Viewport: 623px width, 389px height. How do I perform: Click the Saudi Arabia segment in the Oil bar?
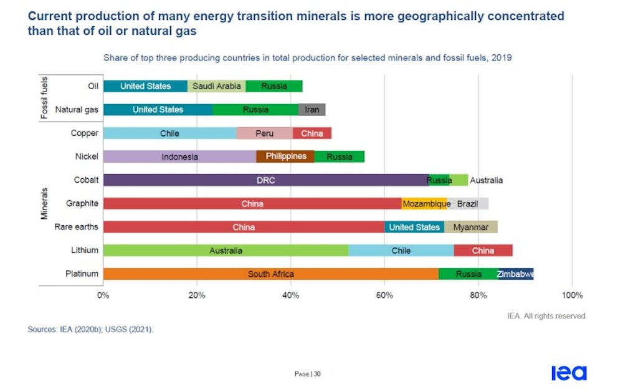tap(216, 86)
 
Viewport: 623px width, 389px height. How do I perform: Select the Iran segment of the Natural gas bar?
tap(311, 110)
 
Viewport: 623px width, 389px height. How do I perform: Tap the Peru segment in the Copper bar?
tap(264, 133)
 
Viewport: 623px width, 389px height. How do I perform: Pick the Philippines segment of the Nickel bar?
tap(285, 156)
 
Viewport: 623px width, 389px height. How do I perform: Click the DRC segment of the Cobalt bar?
tap(265, 180)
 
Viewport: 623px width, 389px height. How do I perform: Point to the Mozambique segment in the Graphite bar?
tap(424, 204)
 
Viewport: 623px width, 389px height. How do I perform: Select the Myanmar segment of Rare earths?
tap(470, 227)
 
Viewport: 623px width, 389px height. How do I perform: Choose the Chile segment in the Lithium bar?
tap(401, 251)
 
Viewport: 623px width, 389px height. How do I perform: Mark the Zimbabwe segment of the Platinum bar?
tap(515, 274)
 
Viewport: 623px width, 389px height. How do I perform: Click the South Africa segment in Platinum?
tap(270, 274)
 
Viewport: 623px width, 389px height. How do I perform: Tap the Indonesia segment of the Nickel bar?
tap(179, 156)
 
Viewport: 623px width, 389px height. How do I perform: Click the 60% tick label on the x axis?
tap(384, 295)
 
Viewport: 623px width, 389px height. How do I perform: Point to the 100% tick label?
tap(572, 295)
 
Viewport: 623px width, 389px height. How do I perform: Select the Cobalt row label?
tap(85, 180)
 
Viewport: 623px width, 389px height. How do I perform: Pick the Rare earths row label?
tap(76, 227)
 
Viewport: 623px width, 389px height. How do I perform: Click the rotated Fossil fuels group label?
tap(45, 98)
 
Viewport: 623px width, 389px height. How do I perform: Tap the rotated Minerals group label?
tap(45, 203)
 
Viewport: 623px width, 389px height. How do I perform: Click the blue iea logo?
tap(568, 373)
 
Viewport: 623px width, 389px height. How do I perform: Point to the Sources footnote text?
tap(90, 329)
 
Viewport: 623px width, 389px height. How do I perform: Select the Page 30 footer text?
tap(308, 374)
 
